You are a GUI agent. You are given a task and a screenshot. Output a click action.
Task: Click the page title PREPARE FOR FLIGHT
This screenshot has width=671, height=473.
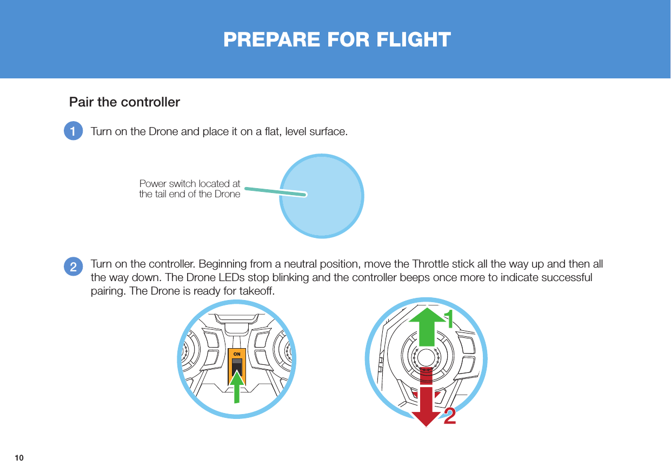337,39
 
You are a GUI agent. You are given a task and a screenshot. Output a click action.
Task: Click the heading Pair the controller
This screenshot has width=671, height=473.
124,102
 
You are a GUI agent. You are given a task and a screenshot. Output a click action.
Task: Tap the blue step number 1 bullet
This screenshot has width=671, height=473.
73,131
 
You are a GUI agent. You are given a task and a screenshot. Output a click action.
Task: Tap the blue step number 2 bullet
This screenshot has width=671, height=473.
73,266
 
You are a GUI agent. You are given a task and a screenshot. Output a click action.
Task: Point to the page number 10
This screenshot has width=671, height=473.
19,458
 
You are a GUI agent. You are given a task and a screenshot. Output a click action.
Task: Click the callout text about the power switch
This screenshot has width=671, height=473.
190,189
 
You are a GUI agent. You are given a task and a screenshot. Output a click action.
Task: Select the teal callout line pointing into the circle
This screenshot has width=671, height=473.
276,191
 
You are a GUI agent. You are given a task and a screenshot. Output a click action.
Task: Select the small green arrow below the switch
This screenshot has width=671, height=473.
237,387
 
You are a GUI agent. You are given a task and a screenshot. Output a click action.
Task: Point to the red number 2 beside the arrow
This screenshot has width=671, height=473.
450,417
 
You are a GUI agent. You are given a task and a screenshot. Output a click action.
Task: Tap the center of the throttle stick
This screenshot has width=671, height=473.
427,358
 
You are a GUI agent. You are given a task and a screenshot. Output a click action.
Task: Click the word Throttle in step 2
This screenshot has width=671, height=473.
433,264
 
